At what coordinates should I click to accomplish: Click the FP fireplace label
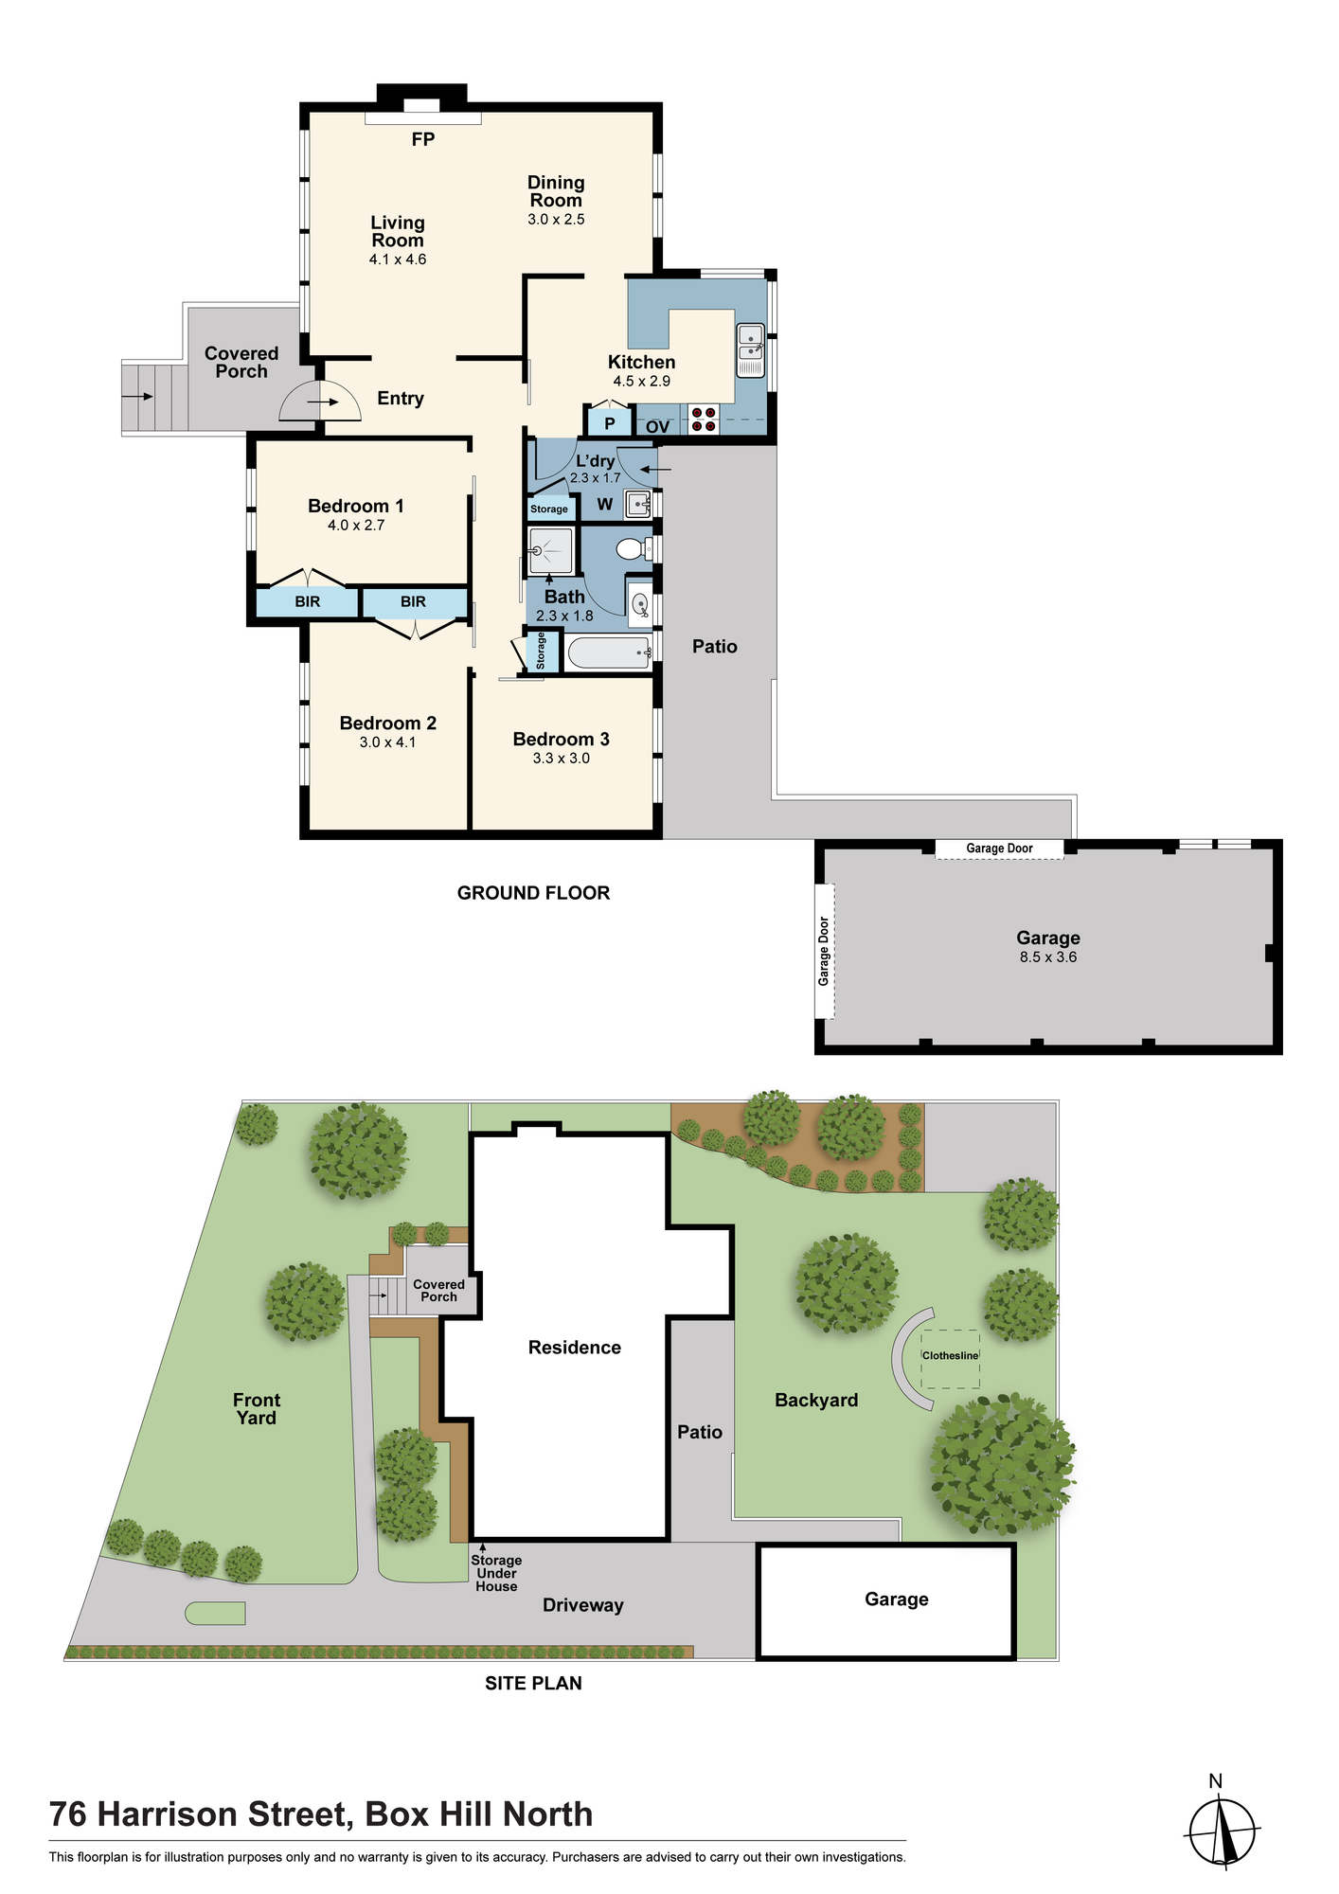423,139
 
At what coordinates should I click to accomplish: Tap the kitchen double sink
751,350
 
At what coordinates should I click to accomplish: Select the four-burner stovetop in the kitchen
704,420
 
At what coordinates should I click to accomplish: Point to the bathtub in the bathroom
609,652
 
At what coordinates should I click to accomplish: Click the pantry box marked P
609,421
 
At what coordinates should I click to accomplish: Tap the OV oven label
658,427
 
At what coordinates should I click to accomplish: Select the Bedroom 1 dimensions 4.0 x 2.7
356,526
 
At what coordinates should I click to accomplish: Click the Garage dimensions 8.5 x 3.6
1048,957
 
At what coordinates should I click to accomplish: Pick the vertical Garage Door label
824,951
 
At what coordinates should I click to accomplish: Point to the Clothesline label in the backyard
951,1355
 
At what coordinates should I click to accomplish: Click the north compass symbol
1223,1828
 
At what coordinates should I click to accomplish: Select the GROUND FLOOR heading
533,893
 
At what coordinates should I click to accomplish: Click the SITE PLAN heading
533,1683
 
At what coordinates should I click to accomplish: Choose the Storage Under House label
496,1573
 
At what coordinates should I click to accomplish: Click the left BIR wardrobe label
308,601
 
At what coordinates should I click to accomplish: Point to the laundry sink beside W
638,504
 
